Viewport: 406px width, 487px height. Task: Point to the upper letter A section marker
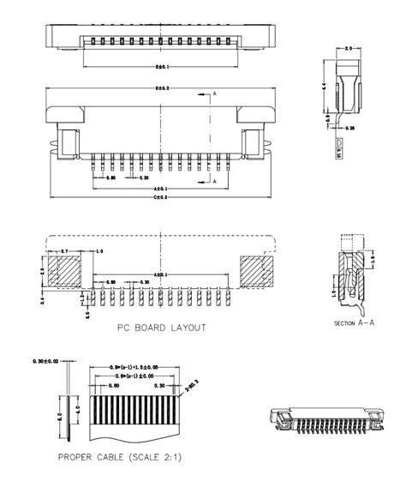click(214, 92)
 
